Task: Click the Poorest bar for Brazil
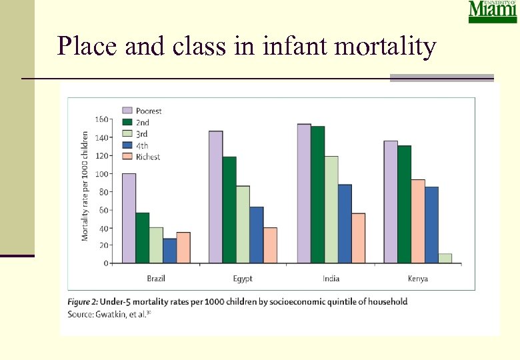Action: click(x=129, y=218)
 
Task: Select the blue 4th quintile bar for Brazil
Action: click(x=169, y=251)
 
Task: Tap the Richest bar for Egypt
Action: click(x=270, y=245)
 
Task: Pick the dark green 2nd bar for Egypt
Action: click(x=229, y=210)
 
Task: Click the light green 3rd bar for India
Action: click(x=331, y=209)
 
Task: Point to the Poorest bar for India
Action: click(x=304, y=193)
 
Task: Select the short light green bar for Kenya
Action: click(x=445, y=258)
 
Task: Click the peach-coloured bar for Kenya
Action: click(x=418, y=221)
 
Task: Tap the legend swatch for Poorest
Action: click(x=127, y=111)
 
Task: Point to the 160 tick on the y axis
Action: click(x=101, y=120)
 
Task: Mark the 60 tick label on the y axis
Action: click(x=103, y=210)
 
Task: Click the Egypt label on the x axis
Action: click(x=243, y=279)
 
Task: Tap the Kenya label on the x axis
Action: click(x=418, y=279)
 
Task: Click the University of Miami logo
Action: click(x=492, y=12)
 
